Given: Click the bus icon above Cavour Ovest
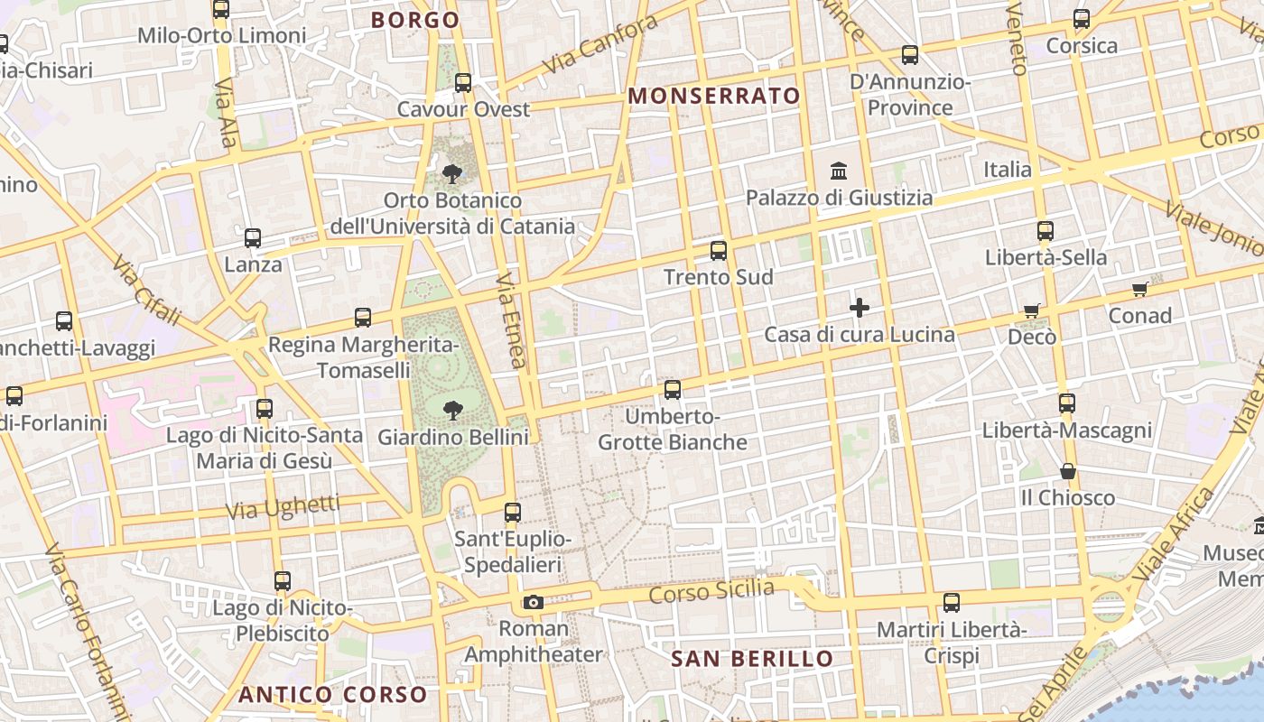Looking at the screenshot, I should [463, 83].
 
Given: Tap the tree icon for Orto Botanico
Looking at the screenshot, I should [452, 173].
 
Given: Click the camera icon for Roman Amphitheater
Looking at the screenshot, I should [534, 602].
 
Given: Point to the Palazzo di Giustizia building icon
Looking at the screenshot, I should [840, 171].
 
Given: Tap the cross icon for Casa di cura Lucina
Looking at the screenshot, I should [860, 309].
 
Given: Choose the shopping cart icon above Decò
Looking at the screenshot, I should [1032, 310].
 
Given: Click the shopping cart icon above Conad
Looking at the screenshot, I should [1140, 290].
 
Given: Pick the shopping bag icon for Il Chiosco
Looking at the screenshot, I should [1068, 471].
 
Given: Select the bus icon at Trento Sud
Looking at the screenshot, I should [719, 251].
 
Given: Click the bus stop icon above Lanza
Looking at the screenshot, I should [253, 238].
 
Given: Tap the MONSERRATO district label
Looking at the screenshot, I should [714, 96].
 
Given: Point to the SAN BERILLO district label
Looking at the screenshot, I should [752, 659].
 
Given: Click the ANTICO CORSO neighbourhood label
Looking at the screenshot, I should [332, 694].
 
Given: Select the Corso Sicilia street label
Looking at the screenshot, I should [711, 592].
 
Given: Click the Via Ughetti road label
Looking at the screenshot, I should [283, 507].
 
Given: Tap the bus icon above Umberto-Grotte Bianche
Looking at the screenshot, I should [673, 390].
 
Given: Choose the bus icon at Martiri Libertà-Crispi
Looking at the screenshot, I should [952, 603].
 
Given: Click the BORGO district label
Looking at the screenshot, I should [415, 20].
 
